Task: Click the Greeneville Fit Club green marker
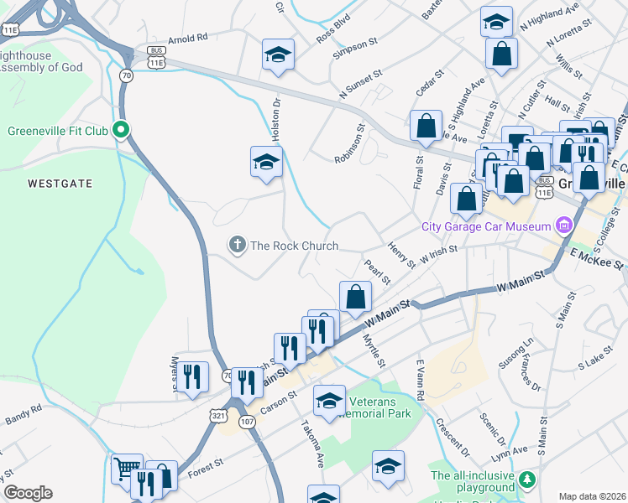122,130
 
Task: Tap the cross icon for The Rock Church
237,246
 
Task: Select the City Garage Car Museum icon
563,226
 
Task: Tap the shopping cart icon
127,468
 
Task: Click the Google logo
28,493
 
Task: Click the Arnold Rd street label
187,39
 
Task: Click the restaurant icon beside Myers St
194,377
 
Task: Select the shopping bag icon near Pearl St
355,296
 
